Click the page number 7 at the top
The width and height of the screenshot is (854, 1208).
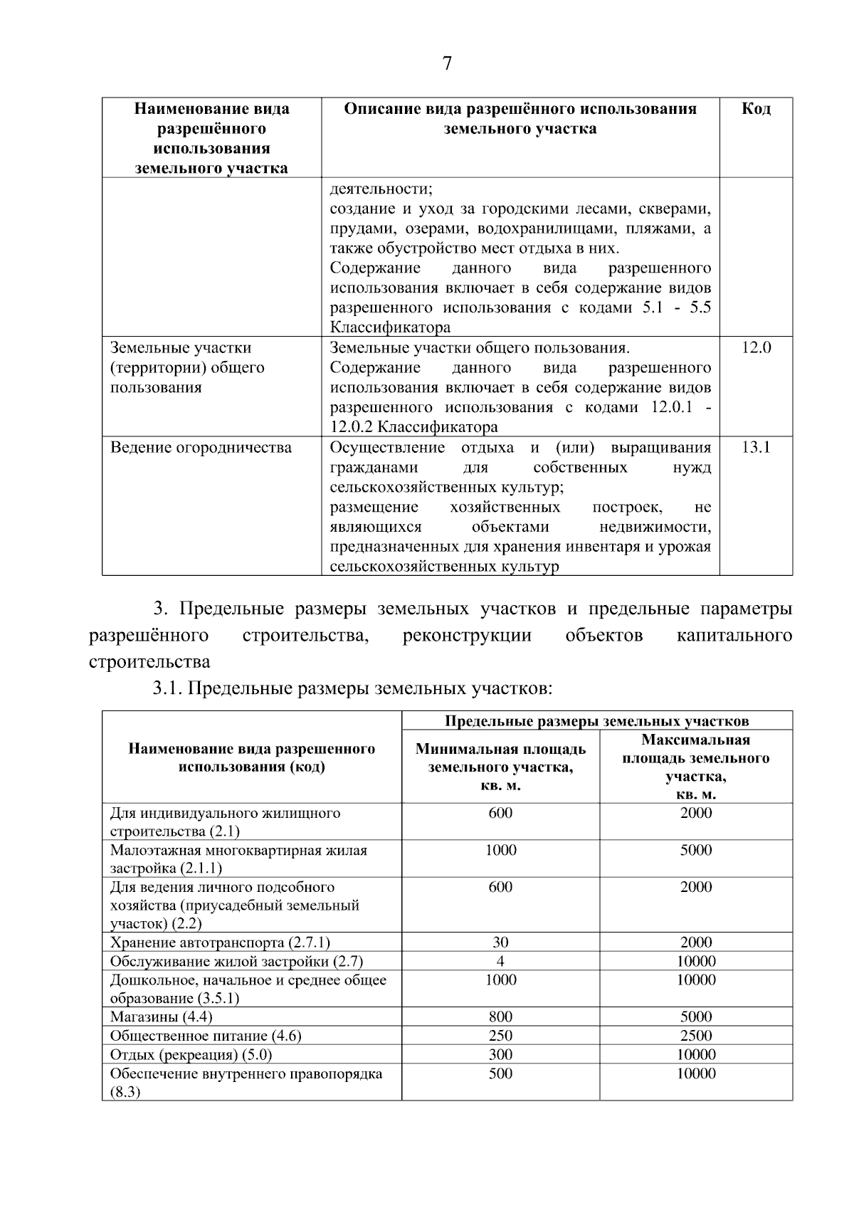pos(447,64)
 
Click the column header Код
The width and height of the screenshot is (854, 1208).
pos(756,109)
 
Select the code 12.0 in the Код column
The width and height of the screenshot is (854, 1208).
pos(756,348)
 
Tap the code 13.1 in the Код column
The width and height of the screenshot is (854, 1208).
pos(756,448)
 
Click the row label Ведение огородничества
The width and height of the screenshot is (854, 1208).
pos(201,448)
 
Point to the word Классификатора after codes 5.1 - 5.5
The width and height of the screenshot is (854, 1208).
pos(390,328)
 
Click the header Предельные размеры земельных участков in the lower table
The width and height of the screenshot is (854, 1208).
pos(596,720)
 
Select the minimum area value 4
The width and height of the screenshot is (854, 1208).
pos(500,961)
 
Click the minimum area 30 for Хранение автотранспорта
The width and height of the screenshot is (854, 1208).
pos(500,942)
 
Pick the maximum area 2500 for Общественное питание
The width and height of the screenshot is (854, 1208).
pos(695,1036)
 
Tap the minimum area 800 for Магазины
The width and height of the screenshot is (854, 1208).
pos(500,1017)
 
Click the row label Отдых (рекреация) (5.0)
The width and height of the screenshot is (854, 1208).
pos(191,1055)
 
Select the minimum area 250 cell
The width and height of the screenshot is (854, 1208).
pos(500,1036)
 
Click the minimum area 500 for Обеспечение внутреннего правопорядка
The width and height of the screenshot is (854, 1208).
pos(500,1073)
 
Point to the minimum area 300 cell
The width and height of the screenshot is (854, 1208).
pos(500,1055)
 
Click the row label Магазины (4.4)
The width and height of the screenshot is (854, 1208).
pos(161,1017)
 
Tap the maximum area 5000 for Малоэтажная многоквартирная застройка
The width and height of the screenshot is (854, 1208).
pos(695,850)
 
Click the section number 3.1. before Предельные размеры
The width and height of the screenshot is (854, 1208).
pos(169,689)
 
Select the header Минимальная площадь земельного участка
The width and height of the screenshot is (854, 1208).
pos(500,767)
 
